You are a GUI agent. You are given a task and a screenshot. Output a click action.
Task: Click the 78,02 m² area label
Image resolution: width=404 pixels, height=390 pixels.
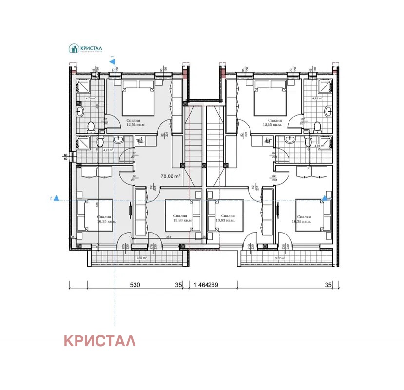(x=171, y=177)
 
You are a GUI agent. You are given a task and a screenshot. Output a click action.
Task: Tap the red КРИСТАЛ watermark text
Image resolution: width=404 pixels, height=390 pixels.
(x=100, y=341)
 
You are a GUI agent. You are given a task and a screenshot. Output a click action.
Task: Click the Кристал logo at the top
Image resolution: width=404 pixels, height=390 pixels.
(x=88, y=49)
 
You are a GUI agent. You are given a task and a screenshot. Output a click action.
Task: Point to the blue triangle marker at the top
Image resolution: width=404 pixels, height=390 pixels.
(x=113, y=62)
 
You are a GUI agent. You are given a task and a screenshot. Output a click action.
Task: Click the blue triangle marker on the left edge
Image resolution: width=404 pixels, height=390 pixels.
(x=57, y=198)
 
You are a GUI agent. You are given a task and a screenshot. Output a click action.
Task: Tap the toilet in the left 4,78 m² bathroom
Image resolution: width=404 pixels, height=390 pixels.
(x=90, y=127)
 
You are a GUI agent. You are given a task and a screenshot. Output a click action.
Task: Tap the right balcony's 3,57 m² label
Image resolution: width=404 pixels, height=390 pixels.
(x=279, y=258)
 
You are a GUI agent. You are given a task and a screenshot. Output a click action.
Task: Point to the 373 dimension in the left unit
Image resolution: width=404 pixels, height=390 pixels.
(x=168, y=237)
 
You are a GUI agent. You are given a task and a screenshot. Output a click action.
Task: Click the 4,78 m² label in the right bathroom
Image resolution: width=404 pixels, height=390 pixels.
(x=317, y=98)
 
